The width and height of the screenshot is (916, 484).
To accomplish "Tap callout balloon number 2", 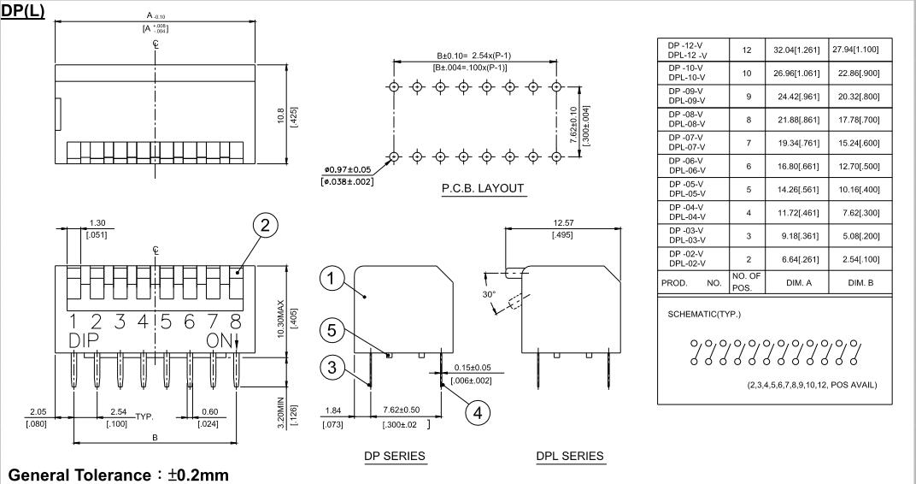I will click(266, 225).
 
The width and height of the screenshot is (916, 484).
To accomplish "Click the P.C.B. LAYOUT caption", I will click(483, 189).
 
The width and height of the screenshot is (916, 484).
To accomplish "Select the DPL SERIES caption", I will click(570, 456).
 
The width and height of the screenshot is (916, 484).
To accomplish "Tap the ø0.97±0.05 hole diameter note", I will click(346, 169).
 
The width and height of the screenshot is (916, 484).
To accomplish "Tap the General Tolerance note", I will click(119, 474).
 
